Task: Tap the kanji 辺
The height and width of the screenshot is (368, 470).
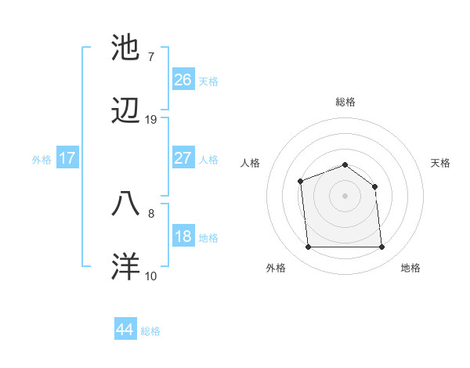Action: [126, 114]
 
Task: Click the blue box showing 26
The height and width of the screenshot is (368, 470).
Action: [183, 79]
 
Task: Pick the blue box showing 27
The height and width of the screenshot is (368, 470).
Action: [183, 157]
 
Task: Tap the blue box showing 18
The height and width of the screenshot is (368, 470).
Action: [183, 236]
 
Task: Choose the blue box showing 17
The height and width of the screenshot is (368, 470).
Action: [67, 158]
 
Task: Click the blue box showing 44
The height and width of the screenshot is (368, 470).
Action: [125, 330]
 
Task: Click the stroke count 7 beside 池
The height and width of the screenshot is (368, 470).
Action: [150, 56]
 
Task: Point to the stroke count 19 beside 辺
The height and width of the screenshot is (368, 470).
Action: [151, 120]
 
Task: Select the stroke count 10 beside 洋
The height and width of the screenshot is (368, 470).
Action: [151, 276]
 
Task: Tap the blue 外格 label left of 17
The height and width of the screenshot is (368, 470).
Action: [42, 159]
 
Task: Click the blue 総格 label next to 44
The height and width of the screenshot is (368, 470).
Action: [150, 331]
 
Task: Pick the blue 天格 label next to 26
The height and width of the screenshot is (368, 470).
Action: [208, 81]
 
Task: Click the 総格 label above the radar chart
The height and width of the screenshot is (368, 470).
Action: [345, 102]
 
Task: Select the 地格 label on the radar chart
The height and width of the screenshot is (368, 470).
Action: [410, 268]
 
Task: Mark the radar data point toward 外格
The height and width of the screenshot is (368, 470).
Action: [308, 247]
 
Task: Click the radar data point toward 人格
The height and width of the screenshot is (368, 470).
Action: [301, 182]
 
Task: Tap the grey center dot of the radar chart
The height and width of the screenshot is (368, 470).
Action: [345, 195]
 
